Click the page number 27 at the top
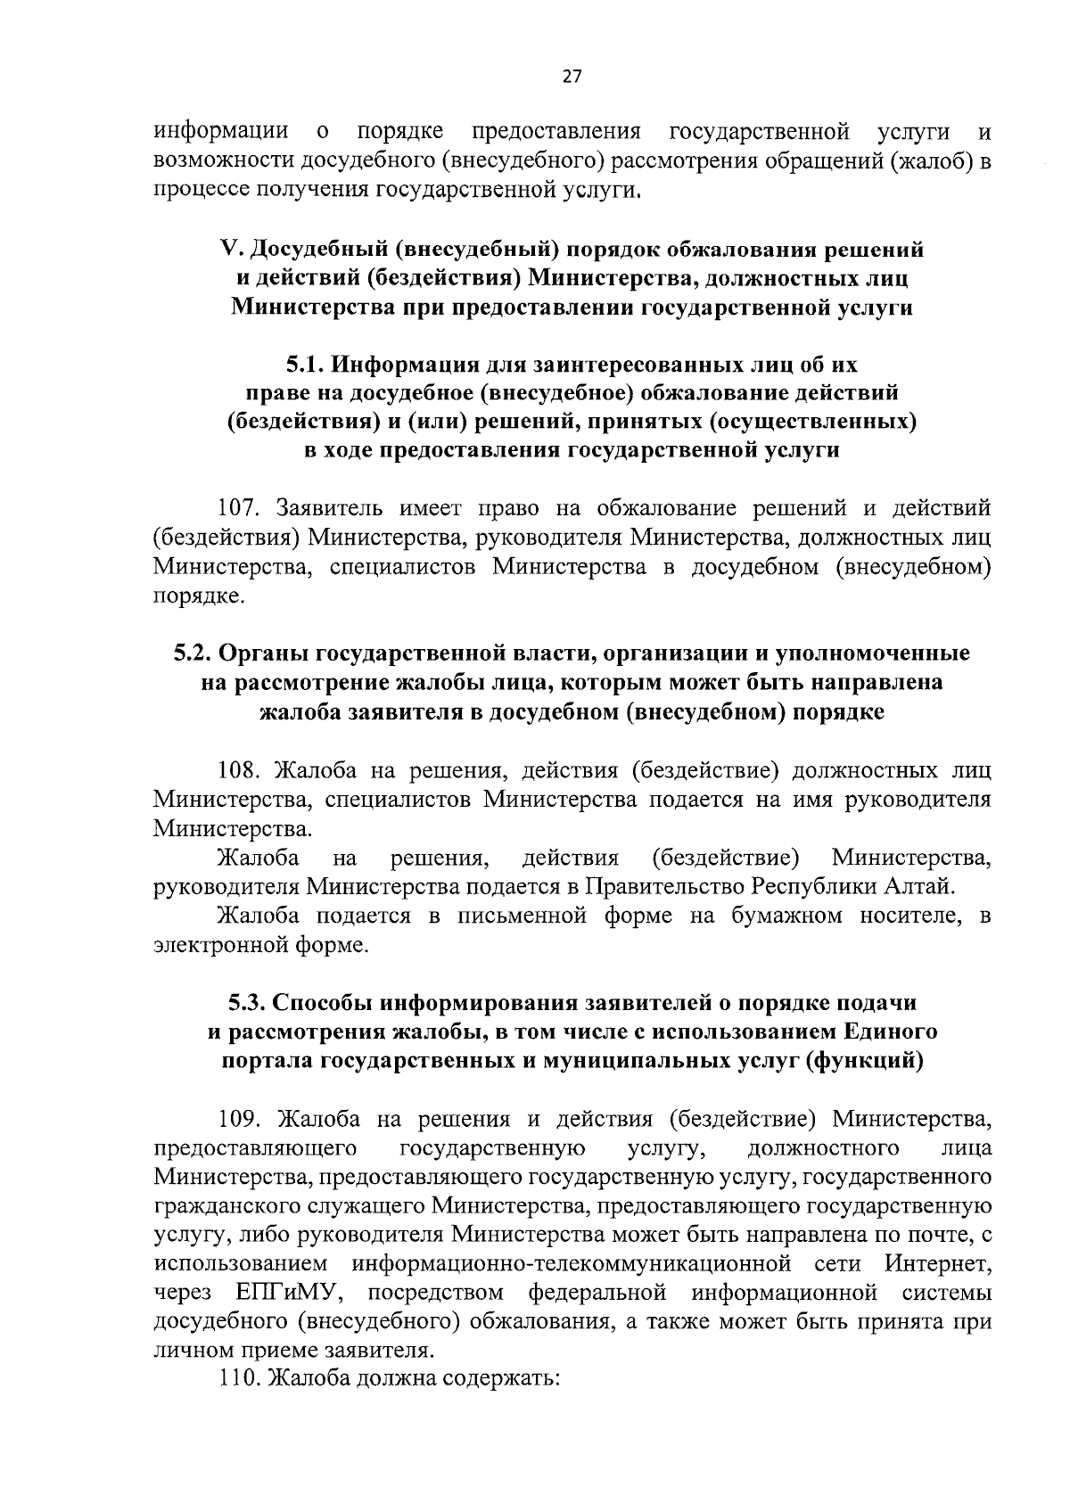pyautogui.click(x=572, y=77)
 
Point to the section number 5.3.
pyautogui.click(x=246, y=1003)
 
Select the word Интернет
pyautogui.click(x=938, y=1263)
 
